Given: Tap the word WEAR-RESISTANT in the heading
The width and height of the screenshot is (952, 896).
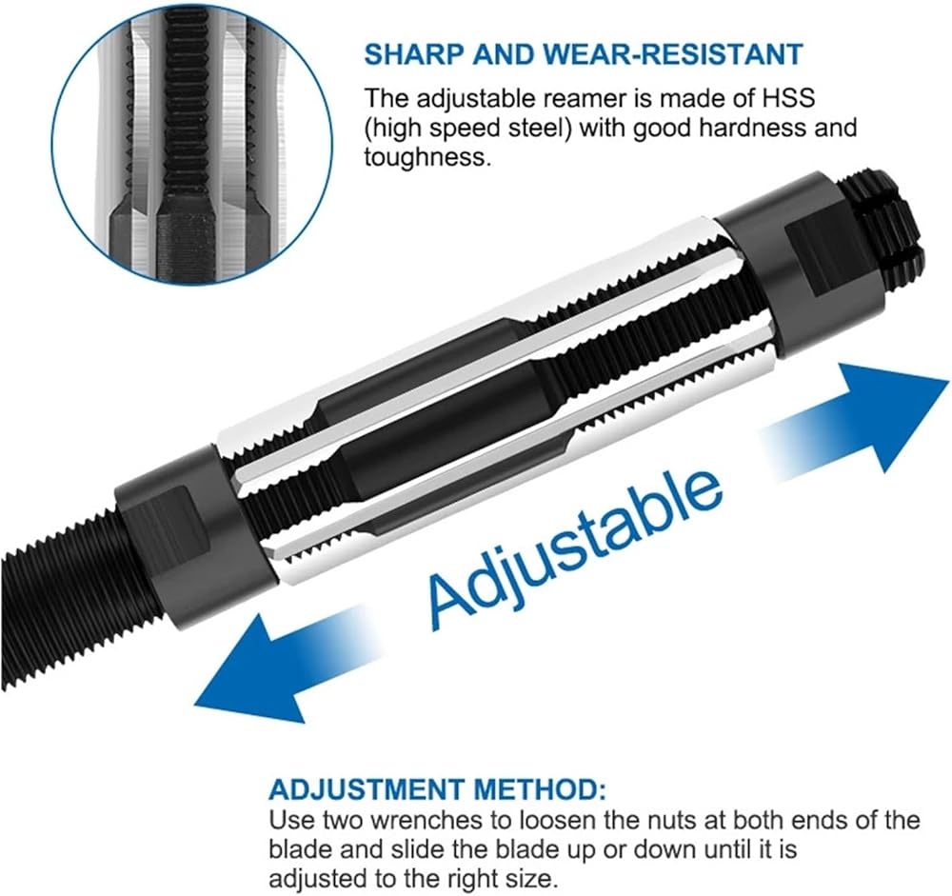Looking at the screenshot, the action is coord(673,54).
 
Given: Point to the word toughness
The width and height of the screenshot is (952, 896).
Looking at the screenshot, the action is coord(426,157).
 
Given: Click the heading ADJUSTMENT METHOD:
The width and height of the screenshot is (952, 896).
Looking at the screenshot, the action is coord(437,789).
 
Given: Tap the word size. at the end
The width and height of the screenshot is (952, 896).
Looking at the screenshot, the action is coord(530,878).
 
